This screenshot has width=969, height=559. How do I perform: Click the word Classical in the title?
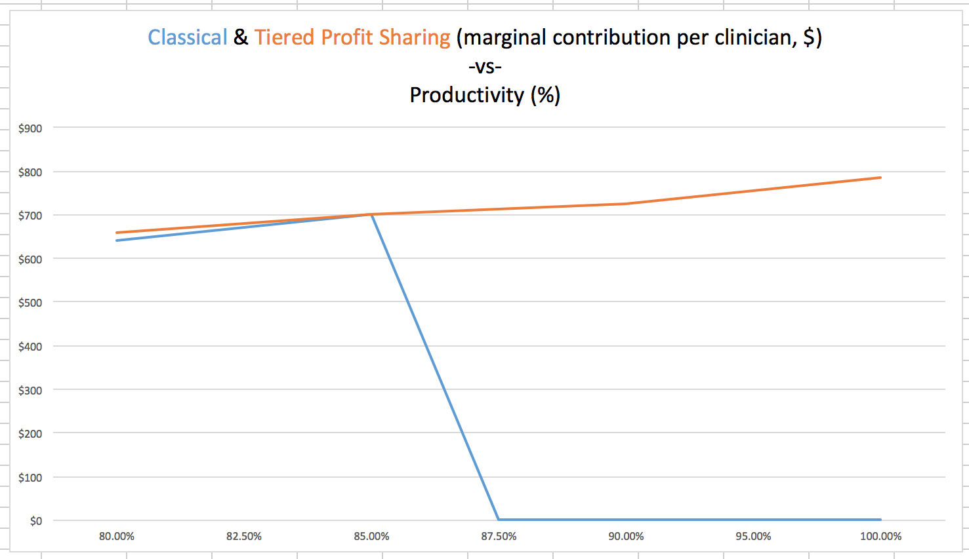(x=188, y=37)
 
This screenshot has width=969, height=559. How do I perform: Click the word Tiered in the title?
(x=285, y=37)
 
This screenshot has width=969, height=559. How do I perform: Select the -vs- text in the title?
(x=485, y=66)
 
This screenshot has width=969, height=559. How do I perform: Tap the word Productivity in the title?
(x=466, y=96)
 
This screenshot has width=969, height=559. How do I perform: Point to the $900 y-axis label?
(x=30, y=128)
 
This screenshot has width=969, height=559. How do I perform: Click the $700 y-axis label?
(x=30, y=216)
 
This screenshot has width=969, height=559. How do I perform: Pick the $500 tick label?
(x=30, y=303)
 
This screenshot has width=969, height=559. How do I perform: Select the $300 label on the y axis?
(x=30, y=391)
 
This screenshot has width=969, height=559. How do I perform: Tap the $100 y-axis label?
(x=30, y=478)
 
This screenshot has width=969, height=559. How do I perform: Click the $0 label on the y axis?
(x=35, y=521)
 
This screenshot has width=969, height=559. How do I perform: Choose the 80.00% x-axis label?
(x=117, y=536)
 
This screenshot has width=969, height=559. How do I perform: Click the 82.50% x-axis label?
(x=244, y=536)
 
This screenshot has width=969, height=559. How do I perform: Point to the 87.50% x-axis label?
(x=499, y=536)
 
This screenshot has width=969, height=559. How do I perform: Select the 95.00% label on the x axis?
(x=753, y=536)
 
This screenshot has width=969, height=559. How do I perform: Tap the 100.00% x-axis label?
(x=880, y=536)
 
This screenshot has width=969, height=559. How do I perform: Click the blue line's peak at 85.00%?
(x=372, y=214)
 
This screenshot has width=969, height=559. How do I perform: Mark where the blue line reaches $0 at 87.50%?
(x=499, y=520)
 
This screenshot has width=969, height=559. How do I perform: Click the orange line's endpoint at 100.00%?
(x=880, y=178)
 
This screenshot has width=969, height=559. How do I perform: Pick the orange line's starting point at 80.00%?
(x=117, y=233)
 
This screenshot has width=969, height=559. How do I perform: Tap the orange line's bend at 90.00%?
(x=627, y=204)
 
